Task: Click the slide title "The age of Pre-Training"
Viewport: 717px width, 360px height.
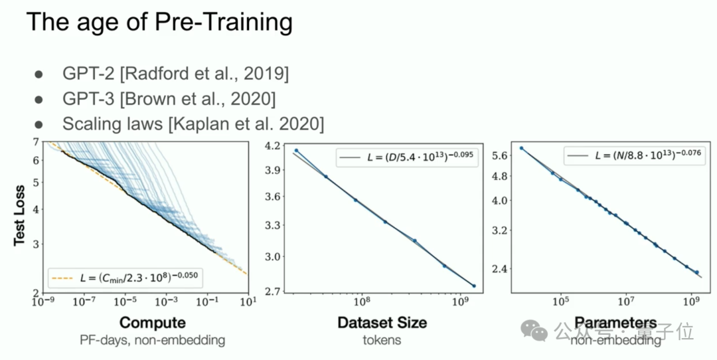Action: coord(159,23)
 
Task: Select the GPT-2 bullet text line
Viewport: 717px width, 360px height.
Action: coord(175,74)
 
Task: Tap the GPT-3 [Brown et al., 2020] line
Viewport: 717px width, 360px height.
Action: coord(169,99)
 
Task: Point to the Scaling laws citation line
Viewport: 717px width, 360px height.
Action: coord(193,124)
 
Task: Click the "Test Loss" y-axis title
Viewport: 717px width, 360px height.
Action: coord(20,215)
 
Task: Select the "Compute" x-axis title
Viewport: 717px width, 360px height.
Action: coord(152,323)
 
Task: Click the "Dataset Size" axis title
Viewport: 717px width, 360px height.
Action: coord(382,323)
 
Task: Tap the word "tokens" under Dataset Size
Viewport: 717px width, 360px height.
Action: coord(382,340)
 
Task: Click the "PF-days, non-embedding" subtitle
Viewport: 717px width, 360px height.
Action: coord(152,340)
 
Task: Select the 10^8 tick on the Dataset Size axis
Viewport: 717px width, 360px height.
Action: coord(362,301)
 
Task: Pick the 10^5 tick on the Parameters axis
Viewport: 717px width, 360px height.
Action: coord(560,301)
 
